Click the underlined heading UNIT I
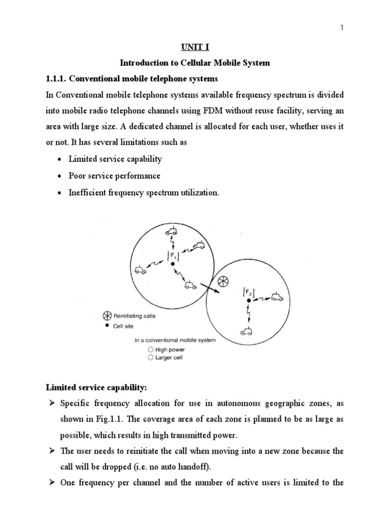click(x=194, y=47)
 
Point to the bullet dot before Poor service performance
click(x=61, y=176)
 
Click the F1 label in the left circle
click(x=173, y=255)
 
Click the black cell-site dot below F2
click(x=248, y=301)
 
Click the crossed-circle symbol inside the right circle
click(x=222, y=281)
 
